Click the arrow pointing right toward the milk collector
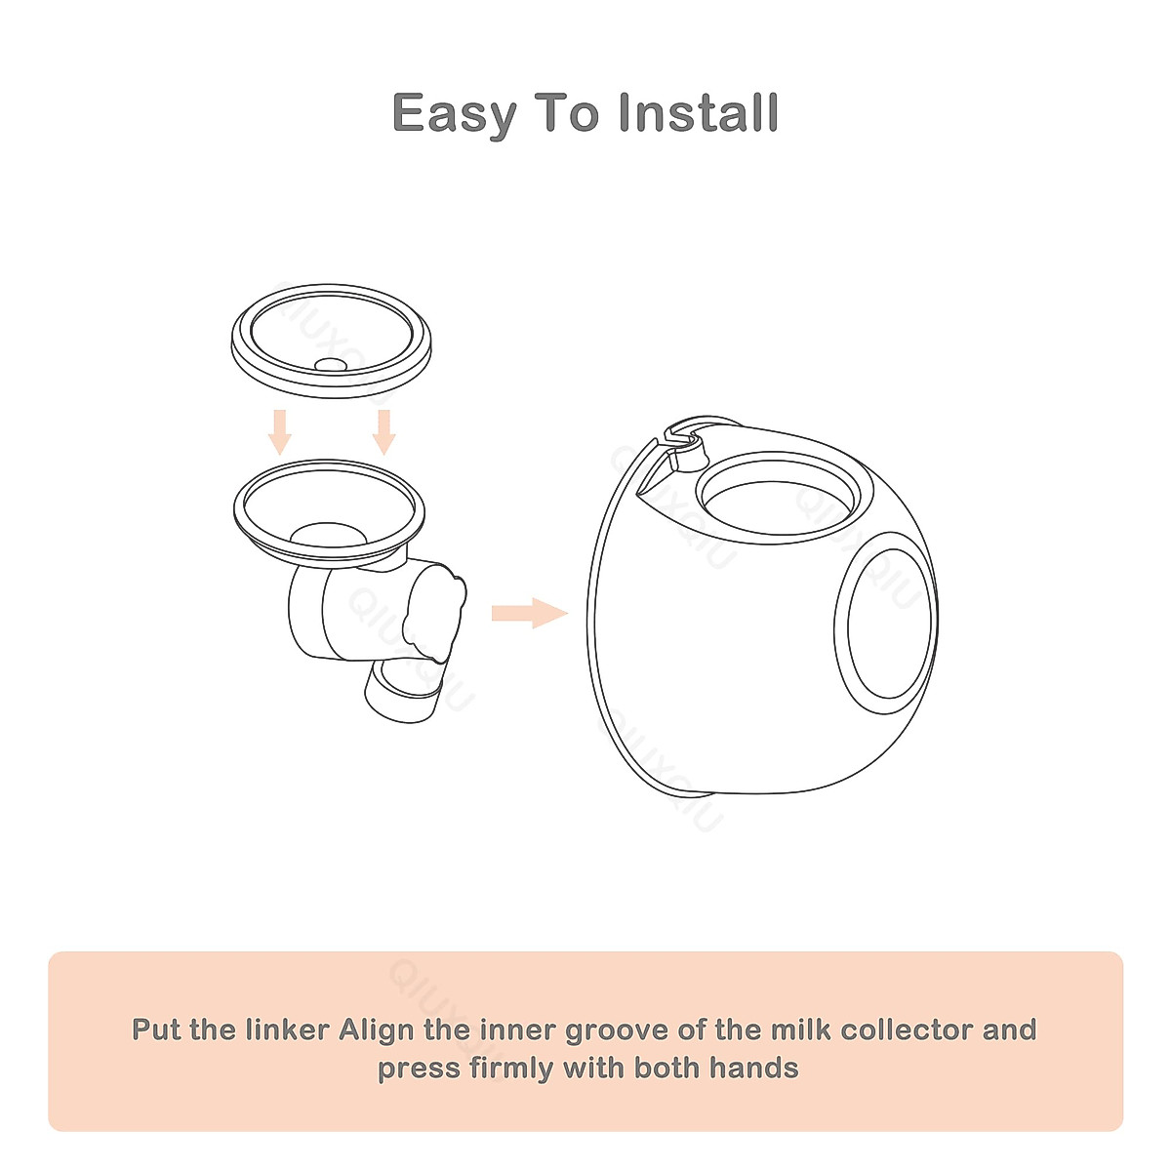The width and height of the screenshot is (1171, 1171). tap(529, 614)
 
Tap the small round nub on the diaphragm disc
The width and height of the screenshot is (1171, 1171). tap(330, 364)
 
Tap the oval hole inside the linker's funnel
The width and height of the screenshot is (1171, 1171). tap(330, 535)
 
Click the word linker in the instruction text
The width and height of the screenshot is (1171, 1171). tap(286, 1030)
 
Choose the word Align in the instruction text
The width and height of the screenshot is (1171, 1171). tap(378, 1030)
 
